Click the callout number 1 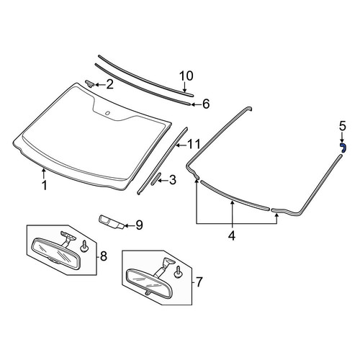(45, 186)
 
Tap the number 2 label (109, 84)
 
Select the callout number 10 (186, 76)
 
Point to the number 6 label (206, 104)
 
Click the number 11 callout (194, 145)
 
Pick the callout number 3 (173, 180)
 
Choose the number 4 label (232, 235)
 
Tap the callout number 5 (343, 127)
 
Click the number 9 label (139, 225)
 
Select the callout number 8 (104, 256)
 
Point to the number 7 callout (199, 282)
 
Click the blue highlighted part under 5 (343, 148)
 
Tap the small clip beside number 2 (90, 84)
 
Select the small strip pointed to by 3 (156, 179)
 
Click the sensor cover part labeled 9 (111, 222)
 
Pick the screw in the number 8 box (84, 246)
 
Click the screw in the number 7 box (178, 271)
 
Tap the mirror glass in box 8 (56, 253)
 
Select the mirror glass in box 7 (149, 283)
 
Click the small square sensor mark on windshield (108, 113)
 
